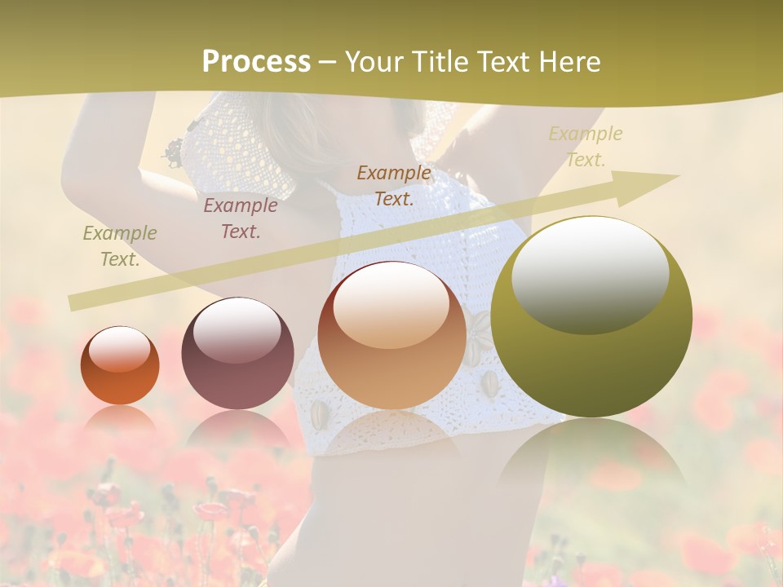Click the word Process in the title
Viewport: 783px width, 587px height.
pyautogui.click(x=256, y=62)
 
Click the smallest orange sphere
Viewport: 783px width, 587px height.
pyautogui.click(x=120, y=365)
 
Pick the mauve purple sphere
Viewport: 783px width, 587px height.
pyautogui.click(x=237, y=353)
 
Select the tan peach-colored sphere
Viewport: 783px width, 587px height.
pyautogui.click(x=392, y=335)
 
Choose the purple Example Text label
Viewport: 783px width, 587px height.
pyautogui.click(x=241, y=218)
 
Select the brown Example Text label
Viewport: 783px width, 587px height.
pyautogui.click(x=394, y=185)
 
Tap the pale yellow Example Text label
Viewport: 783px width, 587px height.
pyautogui.click(x=586, y=147)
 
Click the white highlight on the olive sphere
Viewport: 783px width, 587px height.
pyautogui.click(x=590, y=274)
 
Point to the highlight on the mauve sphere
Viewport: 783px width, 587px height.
pyautogui.click(x=237, y=328)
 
